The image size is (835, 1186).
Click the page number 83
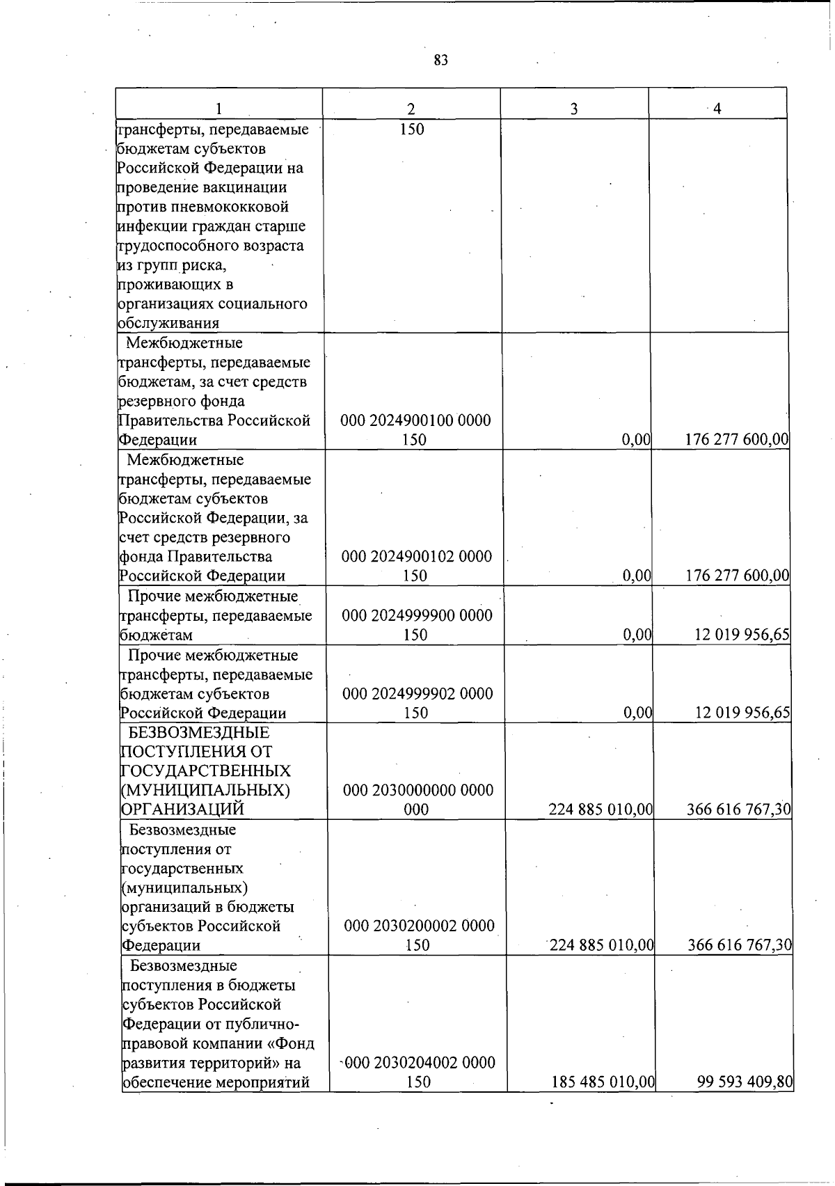440,61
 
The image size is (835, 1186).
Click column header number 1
218,109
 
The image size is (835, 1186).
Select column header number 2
411,109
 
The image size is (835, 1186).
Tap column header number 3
573,109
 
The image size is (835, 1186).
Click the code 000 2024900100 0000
415,420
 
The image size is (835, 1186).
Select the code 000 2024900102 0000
416,556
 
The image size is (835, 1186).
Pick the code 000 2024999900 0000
417,615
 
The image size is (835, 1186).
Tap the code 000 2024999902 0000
417,693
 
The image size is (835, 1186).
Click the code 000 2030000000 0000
418,790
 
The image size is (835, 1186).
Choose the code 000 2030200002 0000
419,926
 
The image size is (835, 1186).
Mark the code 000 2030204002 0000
420,1063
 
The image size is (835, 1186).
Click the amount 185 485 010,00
603,1082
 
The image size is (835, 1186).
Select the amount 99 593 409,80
745,1082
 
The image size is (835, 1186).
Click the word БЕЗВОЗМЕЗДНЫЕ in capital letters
199,732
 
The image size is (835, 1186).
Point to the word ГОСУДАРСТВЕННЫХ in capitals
206,771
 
